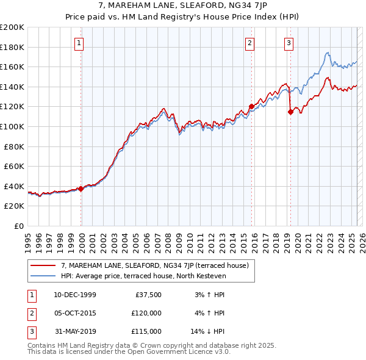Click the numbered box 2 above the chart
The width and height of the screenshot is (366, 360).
point(251,43)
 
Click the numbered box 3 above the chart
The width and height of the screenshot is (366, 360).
point(289,43)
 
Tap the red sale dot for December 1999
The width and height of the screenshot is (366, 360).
point(81,189)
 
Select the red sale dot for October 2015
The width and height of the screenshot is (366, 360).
point(251,106)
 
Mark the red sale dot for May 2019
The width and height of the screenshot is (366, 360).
point(290,111)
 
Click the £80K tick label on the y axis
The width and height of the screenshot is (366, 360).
point(14,146)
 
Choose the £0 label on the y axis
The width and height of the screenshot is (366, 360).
point(19,226)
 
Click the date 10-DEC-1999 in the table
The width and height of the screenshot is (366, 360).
point(74,295)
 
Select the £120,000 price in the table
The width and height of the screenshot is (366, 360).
point(147,313)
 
